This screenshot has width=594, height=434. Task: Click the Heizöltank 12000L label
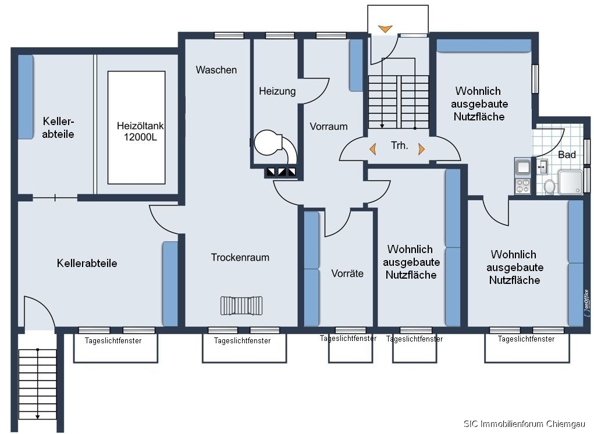point(140,131)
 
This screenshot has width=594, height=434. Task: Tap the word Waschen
point(216,70)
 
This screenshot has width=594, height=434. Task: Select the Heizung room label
point(278,91)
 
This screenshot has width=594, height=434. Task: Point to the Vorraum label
point(329,126)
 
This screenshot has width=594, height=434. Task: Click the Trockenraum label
point(240,257)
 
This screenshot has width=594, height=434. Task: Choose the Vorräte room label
point(347,273)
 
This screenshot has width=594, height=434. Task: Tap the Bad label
point(567,155)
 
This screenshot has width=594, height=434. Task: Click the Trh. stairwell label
point(399,145)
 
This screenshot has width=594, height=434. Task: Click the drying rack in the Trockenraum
point(241,305)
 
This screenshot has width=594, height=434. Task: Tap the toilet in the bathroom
point(549,186)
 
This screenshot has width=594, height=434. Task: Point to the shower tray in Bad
point(570,182)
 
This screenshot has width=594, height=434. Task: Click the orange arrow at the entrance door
point(385,29)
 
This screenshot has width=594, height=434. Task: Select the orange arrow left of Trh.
point(373,149)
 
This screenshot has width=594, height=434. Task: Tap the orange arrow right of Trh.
point(421,149)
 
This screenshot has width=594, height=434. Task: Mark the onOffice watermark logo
point(587,303)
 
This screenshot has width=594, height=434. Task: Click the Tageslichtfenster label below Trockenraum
point(243,340)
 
